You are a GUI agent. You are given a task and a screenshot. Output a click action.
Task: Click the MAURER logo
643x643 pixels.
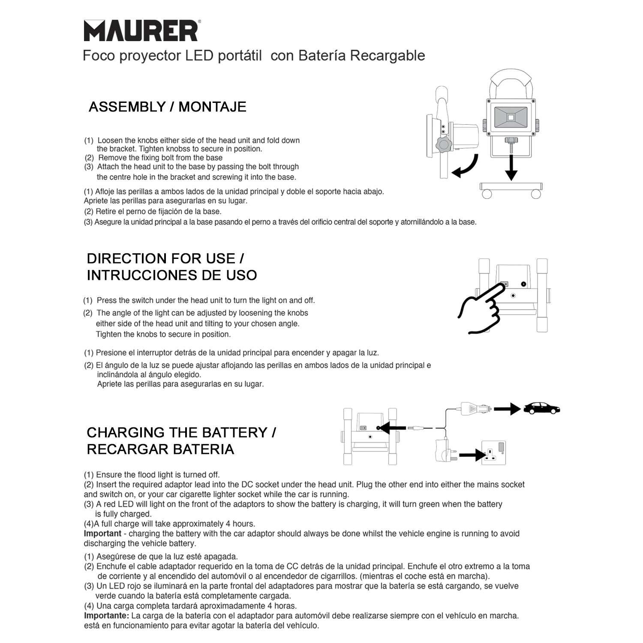pos(141,31)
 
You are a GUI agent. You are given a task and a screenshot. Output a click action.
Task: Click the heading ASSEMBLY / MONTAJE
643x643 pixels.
pos(167,107)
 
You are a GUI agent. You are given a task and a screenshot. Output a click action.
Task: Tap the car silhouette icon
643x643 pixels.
pos(542,408)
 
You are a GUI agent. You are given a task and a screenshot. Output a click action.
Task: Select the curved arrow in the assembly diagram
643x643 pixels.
pos(465,167)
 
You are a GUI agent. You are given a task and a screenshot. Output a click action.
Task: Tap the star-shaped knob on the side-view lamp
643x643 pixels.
pos(443,145)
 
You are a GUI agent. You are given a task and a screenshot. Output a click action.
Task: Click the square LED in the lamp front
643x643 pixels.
pos(511,117)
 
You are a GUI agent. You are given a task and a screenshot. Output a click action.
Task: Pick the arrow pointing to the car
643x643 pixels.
pos(507,409)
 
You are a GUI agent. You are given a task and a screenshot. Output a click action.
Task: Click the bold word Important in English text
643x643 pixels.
pos(102,534)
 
